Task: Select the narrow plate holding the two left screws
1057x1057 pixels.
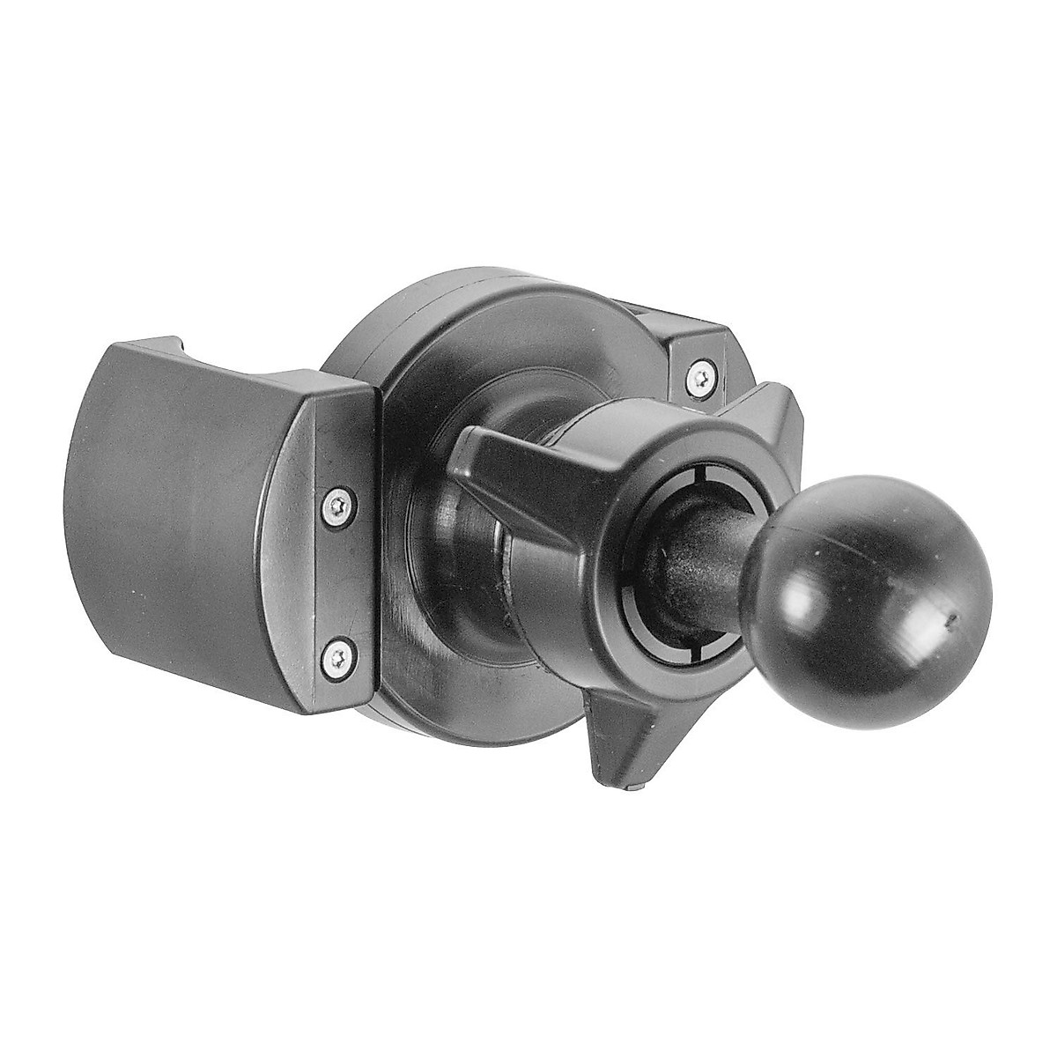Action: (x=339, y=577)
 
